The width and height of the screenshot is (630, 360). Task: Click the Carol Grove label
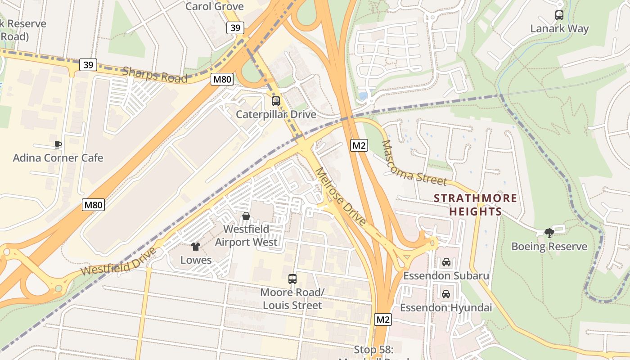click(215, 6)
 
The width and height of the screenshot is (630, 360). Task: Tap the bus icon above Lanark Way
click(559, 15)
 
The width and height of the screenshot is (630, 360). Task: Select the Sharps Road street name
click(155, 75)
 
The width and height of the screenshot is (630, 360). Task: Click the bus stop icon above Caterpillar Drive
click(276, 101)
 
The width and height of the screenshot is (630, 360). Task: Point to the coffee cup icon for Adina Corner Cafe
click(58, 144)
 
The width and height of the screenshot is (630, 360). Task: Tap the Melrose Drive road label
click(340, 196)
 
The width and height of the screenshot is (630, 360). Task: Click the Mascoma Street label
click(414, 164)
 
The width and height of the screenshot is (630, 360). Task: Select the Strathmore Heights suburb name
click(476, 205)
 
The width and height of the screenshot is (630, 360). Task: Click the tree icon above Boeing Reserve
click(549, 233)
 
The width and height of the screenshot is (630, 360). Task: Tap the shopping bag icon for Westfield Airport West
click(246, 216)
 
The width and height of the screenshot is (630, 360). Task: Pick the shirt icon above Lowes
click(196, 247)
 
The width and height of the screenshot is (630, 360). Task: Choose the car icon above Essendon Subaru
click(446, 262)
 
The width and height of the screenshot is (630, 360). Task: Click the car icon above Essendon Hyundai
click(446, 294)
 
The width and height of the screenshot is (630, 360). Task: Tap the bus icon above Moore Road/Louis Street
click(292, 279)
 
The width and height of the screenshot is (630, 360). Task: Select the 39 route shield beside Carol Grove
click(235, 28)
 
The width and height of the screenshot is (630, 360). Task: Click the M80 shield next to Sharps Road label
click(222, 80)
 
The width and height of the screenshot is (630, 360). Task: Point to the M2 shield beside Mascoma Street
click(359, 145)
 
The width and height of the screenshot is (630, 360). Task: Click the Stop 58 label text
click(373, 350)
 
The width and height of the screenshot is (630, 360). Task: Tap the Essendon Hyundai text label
click(445, 308)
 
